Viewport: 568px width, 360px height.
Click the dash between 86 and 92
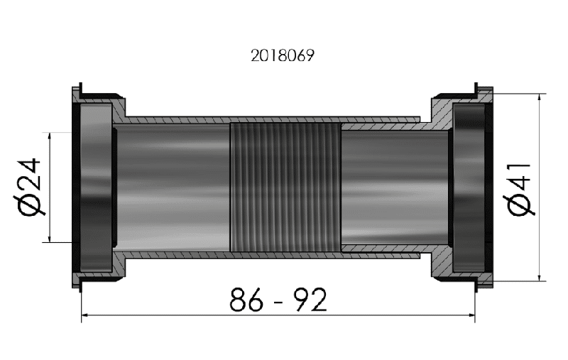pyautogui.click(x=278, y=302)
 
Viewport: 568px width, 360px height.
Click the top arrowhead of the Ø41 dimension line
pyautogui.click(x=541, y=98)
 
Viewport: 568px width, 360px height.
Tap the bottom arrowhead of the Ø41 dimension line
pyautogui.click(x=541, y=278)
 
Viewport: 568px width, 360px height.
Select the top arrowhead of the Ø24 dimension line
pyautogui.click(x=50, y=136)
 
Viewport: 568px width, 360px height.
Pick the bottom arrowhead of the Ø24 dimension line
pyautogui.click(x=50, y=239)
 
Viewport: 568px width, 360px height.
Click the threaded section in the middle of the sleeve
pyautogui.click(x=285, y=187)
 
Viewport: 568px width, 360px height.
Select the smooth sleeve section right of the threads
pyautogui.click(x=394, y=187)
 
